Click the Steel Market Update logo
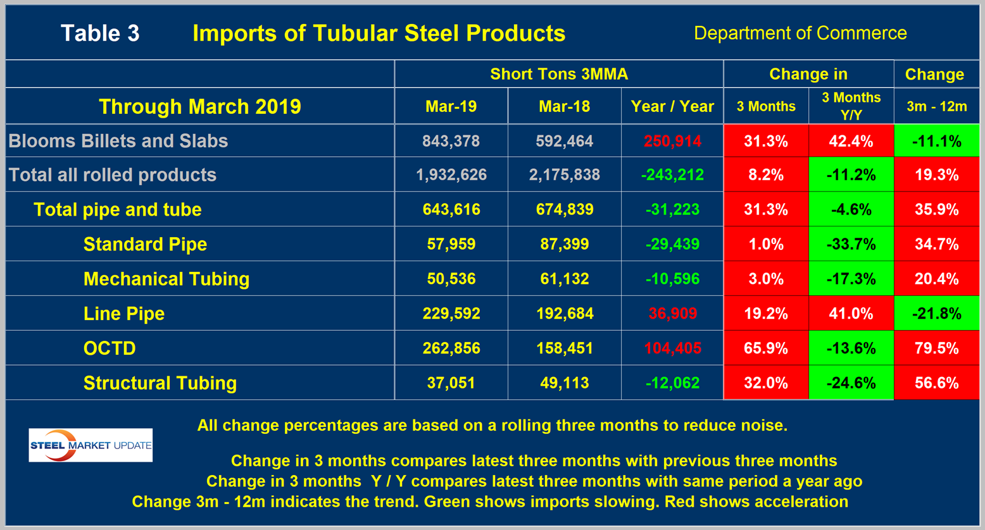point(91,445)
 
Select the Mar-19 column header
point(451,106)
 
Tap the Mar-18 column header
point(564,106)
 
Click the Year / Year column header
point(672,106)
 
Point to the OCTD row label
point(110,348)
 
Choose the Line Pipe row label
point(124,314)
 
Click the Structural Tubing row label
point(160,383)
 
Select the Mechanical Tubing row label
point(166,279)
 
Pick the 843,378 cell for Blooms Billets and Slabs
point(451,141)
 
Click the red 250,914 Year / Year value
point(672,141)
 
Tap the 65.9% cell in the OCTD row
point(766,348)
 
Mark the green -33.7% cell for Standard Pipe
point(851,244)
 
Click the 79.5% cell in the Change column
point(936,348)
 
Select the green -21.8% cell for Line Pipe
point(936,314)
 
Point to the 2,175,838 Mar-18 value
point(564,175)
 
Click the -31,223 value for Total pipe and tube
point(672,210)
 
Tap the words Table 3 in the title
point(100,34)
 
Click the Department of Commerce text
point(800,33)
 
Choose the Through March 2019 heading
point(199,106)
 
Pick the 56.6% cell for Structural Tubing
point(936,383)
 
